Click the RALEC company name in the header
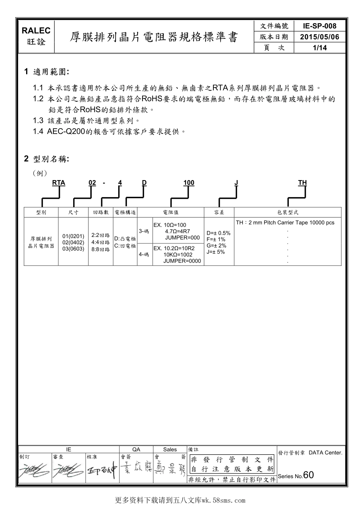tap(36, 31)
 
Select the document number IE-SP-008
tap(319, 26)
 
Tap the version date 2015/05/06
tap(319, 37)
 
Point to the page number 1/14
tap(319, 48)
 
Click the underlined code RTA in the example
tap(59, 183)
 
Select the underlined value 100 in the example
tap(189, 183)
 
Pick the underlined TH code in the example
tap(302, 183)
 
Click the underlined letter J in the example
tap(236, 183)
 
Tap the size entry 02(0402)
tap(73, 242)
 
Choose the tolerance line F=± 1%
tap(216, 239)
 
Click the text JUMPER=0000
tap(182, 261)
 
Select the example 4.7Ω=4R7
tap(177, 231)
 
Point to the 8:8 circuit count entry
tap(100, 250)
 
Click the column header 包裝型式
tap(288, 212)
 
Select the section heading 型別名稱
tap(51, 159)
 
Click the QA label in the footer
tap(136, 449)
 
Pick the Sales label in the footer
tap(170, 449)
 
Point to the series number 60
tap(308, 475)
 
